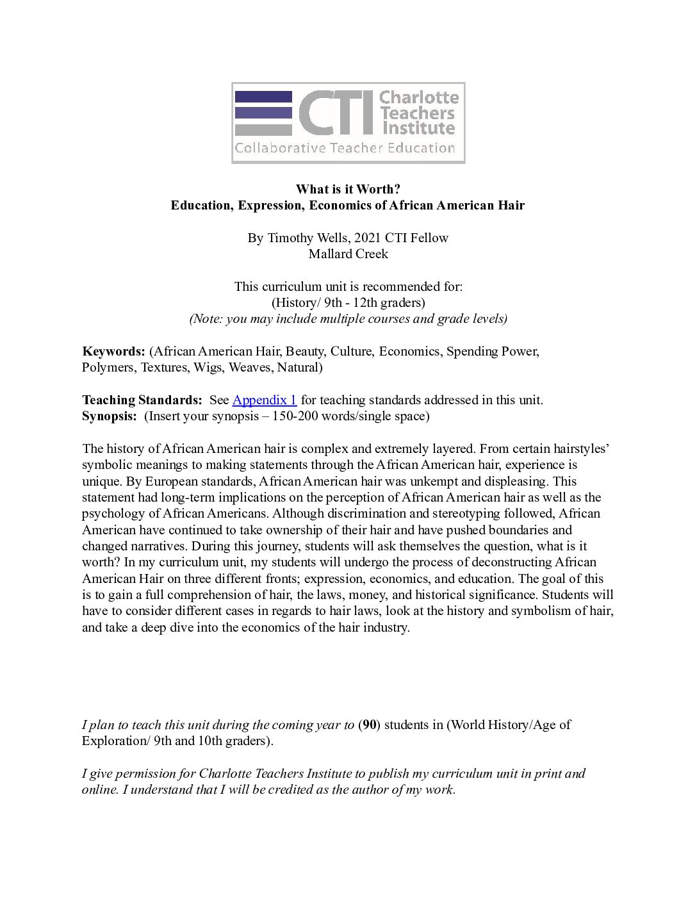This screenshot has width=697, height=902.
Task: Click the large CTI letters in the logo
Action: point(335,113)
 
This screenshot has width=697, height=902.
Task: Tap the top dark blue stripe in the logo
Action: point(263,97)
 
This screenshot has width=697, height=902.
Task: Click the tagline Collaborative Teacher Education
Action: point(345,149)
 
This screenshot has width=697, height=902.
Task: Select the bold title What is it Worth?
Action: point(348,189)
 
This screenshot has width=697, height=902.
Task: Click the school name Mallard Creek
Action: point(348,254)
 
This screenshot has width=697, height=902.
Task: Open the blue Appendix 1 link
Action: point(264,400)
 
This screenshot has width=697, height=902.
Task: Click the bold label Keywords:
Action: point(113,351)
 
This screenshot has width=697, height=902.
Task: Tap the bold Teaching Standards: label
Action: point(142,400)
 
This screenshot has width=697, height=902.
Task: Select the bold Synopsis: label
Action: point(109,416)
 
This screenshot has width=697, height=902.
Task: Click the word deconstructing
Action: point(512,562)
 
